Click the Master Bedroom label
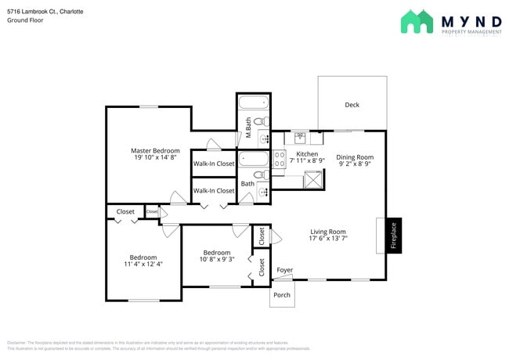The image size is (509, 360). pos(155,150)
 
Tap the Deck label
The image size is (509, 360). pos(352,105)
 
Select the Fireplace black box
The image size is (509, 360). pos(394,235)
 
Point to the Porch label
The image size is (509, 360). pos(281,296)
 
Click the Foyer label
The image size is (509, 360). pos(285,271)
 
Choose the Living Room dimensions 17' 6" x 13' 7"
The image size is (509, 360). pos(328,239)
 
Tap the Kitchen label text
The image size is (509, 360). pos(307,154)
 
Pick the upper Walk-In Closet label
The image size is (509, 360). pos(214,164)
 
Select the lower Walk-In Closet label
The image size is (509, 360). pos(214,190)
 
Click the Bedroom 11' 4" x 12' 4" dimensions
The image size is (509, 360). pos(143,265)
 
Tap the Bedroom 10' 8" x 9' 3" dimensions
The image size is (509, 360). pos(217,261)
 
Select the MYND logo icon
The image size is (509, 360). pos(417,21)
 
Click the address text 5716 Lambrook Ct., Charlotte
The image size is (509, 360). pos(40,12)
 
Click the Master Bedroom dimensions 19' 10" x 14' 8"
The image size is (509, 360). pos(155,158)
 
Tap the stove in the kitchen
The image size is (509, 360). pos(280,160)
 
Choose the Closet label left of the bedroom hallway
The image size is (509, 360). pos(125,211)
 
